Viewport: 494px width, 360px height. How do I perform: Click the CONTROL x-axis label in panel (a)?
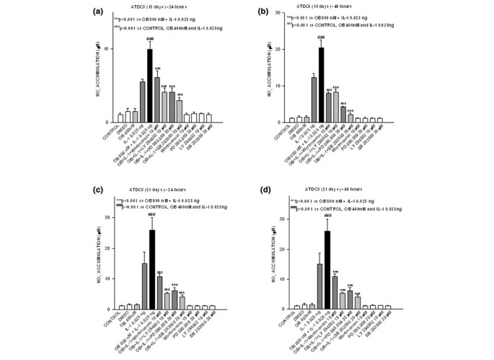[x=113, y=133]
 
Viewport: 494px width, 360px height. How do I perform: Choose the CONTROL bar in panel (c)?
[x=121, y=307]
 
